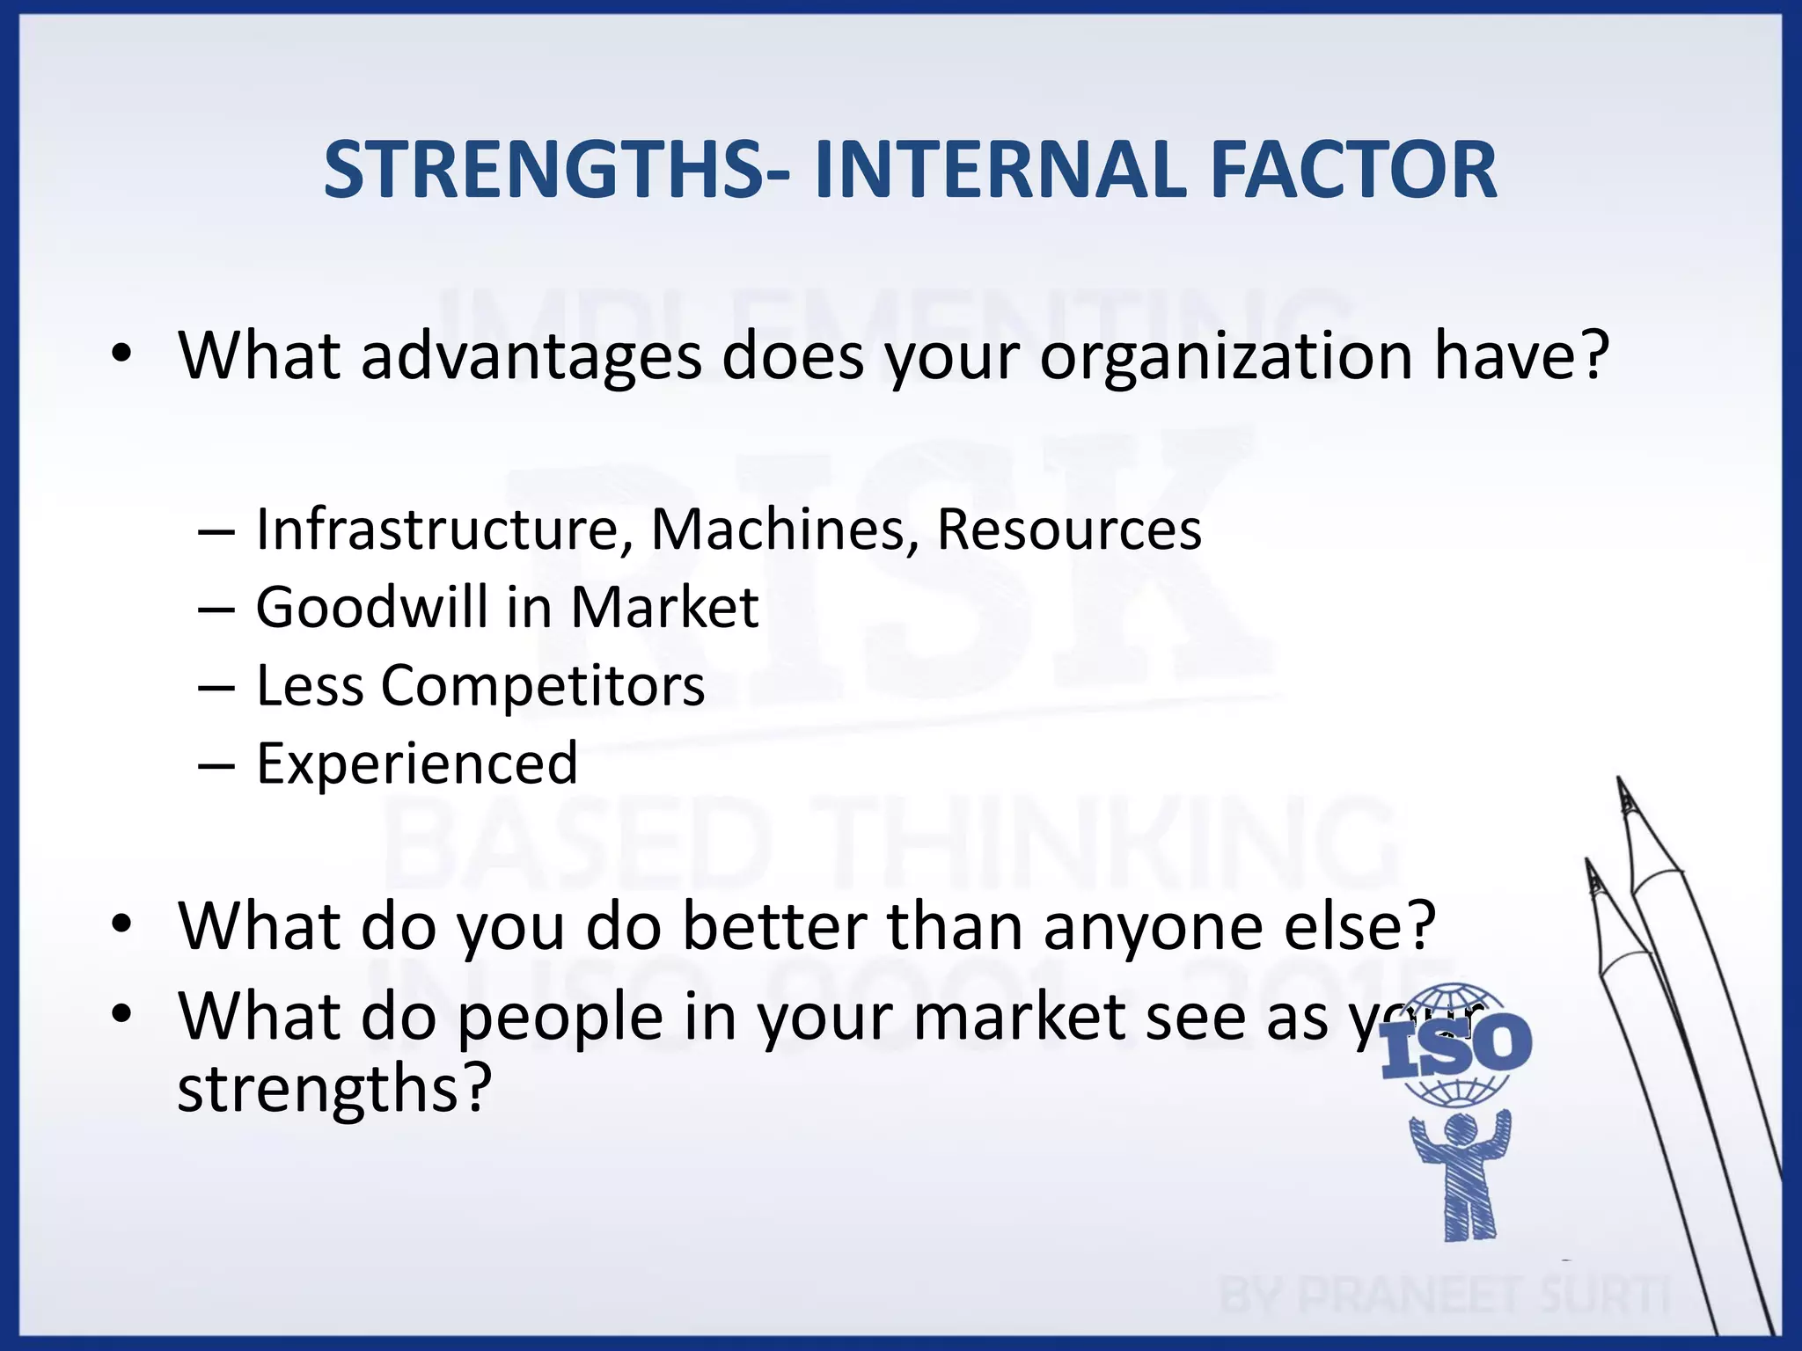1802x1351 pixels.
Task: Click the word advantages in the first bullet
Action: [x=531, y=356]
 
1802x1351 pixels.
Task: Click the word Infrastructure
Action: [x=437, y=529]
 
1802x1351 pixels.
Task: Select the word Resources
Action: [x=1068, y=529]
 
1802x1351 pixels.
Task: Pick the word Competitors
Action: [x=542, y=686]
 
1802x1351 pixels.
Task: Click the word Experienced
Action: [x=417, y=763]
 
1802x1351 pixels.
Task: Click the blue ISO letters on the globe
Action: [x=1456, y=1047]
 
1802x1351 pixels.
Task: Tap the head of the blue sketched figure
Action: [x=1461, y=1129]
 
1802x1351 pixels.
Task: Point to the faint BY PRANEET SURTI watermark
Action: [x=1443, y=1295]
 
